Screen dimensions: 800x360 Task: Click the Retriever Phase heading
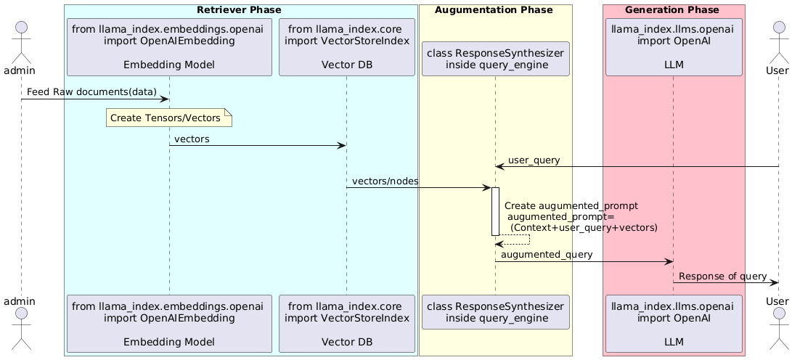tap(239, 9)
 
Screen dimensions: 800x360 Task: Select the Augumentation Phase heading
tap(494, 9)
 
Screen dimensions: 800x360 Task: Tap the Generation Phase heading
tap(672, 9)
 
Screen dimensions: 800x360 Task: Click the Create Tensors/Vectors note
tap(169, 118)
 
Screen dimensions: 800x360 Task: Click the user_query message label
tap(534, 160)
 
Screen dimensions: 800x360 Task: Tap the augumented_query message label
tap(547, 255)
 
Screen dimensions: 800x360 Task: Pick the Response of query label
tap(722, 277)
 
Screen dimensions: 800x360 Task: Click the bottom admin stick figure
tap(22, 328)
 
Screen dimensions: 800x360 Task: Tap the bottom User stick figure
tap(778, 328)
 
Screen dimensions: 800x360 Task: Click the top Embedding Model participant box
tap(169, 47)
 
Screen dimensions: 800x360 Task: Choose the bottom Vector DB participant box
tap(347, 324)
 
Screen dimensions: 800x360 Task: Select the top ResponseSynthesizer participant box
tap(495, 59)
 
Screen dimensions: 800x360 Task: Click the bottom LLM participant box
tap(674, 324)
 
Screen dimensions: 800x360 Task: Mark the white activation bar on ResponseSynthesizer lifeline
tap(495, 211)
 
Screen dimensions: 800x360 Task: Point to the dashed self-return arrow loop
tap(529, 240)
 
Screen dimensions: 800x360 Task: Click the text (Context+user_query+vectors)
tap(584, 227)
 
